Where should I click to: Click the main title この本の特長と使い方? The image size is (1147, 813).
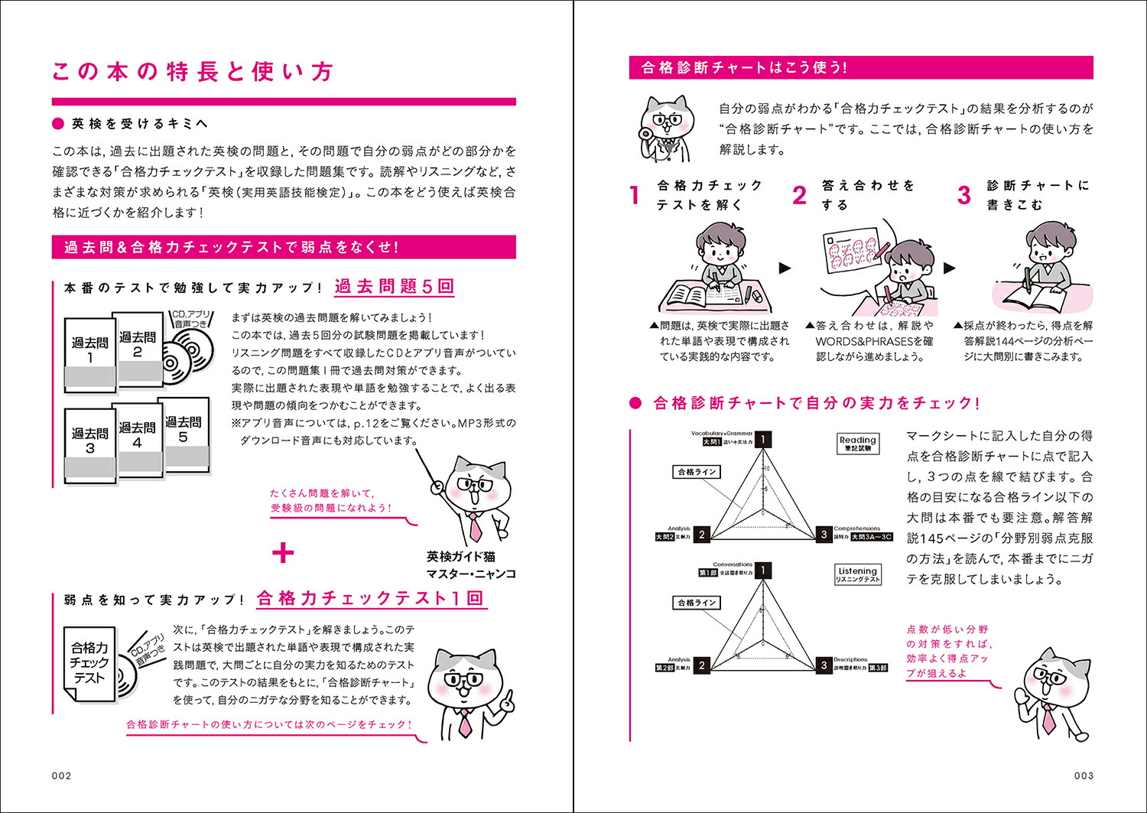tap(193, 72)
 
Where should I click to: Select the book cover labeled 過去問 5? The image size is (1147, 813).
tap(184, 433)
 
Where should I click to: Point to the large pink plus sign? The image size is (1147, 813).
tap(283, 553)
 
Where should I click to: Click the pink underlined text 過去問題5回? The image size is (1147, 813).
tap(395, 287)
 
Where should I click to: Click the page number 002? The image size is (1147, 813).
tap(61, 776)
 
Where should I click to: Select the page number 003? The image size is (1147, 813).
tap(1084, 776)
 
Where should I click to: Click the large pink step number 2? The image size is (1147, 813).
tap(799, 196)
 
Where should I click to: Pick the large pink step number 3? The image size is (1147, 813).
tap(964, 196)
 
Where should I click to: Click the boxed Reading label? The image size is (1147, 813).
tap(857, 444)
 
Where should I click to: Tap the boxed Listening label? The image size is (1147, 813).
tap(857, 574)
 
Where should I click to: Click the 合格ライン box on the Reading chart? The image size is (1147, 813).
tap(697, 472)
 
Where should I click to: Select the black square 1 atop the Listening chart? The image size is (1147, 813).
tap(762, 571)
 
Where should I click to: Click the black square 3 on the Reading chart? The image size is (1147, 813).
tap(824, 535)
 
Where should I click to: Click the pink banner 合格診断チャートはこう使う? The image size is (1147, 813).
tap(860, 67)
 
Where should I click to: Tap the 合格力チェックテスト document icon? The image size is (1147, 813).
tap(89, 662)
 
